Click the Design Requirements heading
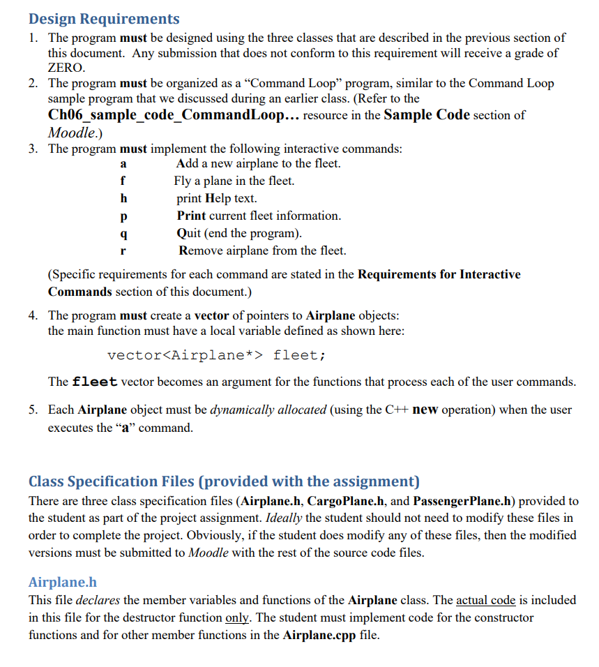(104, 19)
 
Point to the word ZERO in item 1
(66, 68)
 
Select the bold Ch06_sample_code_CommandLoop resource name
(165, 115)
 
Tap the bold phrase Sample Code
(427, 115)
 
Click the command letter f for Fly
(123, 181)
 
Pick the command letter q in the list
(123, 234)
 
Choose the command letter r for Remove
(123, 250)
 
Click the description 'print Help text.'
(217, 198)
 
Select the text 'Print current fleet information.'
(259, 216)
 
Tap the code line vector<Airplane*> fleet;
(216, 355)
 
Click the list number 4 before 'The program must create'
(33, 315)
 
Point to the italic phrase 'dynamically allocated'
(268, 410)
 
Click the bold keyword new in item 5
(425, 410)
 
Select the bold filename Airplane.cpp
(321, 635)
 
